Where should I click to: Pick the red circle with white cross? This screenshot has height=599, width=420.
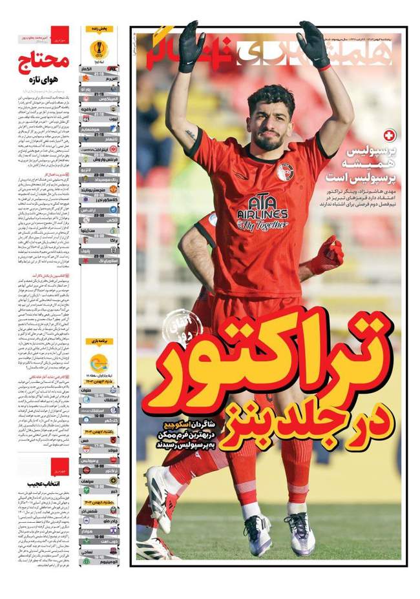(x=388, y=136)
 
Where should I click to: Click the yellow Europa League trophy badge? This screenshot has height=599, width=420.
(x=99, y=48)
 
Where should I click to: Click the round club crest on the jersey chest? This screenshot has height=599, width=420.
(x=285, y=172)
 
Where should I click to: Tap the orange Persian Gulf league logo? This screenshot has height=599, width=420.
(x=99, y=363)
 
